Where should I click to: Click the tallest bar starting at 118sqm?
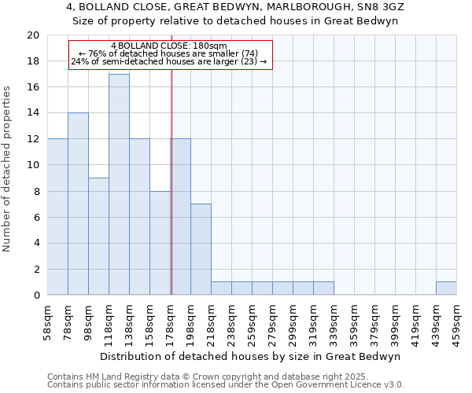click(119, 185)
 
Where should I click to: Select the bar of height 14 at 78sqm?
click(78, 204)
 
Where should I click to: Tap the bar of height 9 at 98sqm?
click(98, 237)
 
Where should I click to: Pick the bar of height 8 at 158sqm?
click(160, 243)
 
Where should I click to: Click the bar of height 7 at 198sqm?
click(201, 249)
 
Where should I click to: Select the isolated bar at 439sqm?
click(446, 288)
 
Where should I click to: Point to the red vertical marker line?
click(171, 181)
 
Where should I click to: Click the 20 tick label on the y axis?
click(32, 35)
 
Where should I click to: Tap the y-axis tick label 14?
click(32, 113)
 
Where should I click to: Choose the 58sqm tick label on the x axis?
click(48, 321)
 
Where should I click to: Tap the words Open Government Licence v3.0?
click(338, 384)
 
